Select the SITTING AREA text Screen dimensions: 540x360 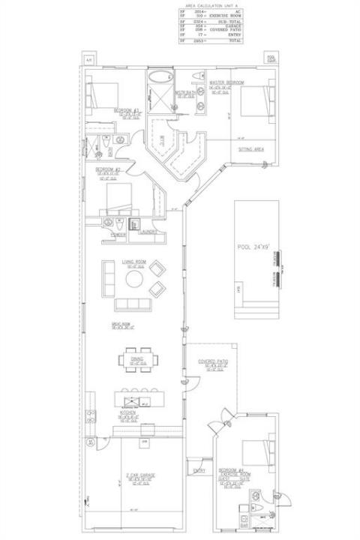(x=250, y=149)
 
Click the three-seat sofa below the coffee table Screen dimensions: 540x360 (x=133, y=304)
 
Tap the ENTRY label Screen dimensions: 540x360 (x=199, y=470)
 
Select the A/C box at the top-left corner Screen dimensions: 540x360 (x=88, y=58)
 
